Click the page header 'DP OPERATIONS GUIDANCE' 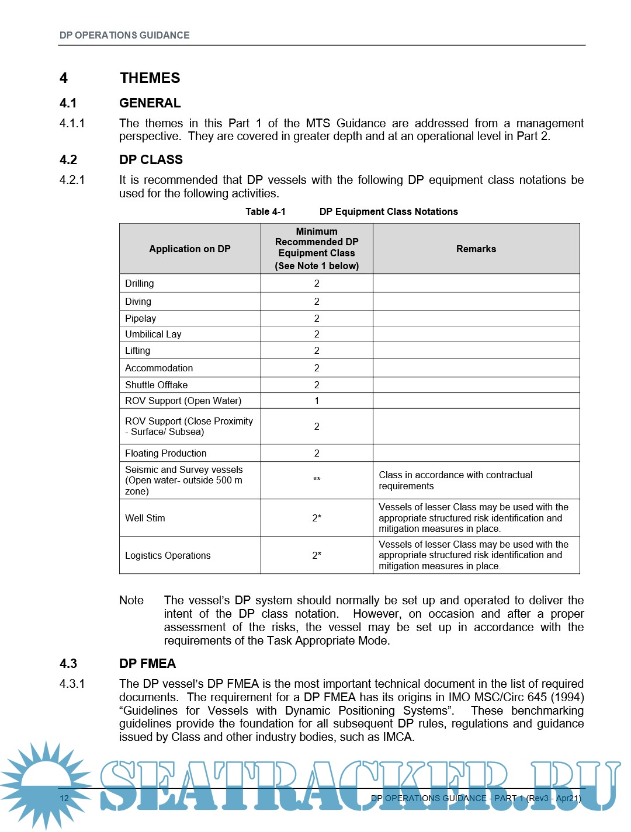(x=124, y=35)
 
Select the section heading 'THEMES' (x=150, y=78)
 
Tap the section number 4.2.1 (x=72, y=180)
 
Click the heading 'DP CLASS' (x=151, y=160)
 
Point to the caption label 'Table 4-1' (x=265, y=211)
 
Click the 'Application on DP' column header (x=189, y=249)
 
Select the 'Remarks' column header (x=476, y=249)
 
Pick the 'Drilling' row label (x=140, y=283)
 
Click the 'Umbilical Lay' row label (x=153, y=334)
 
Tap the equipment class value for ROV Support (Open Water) (x=317, y=401)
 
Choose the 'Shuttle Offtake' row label (x=156, y=385)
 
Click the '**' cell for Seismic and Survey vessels (x=317, y=480)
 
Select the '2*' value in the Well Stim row (x=317, y=518)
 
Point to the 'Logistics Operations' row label (x=168, y=555)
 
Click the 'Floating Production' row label (x=165, y=453)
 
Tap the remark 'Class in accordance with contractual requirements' (x=455, y=481)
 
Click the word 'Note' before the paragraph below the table (x=131, y=600)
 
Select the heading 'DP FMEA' (x=147, y=664)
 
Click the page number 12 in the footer (x=64, y=798)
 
